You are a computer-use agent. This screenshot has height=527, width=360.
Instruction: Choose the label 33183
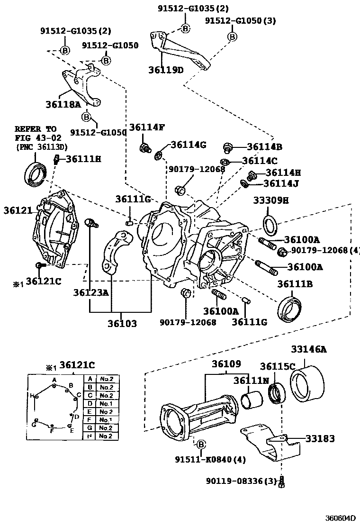pos(319,439)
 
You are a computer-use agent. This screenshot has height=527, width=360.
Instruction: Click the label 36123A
pos(90,292)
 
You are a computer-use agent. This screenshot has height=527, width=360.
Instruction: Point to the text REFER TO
pos(35,129)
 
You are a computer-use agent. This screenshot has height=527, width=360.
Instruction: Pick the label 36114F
pos(147,127)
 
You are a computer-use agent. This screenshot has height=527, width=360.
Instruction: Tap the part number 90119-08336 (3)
pos(241,481)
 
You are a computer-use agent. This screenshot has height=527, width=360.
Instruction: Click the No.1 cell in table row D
pos(105,404)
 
